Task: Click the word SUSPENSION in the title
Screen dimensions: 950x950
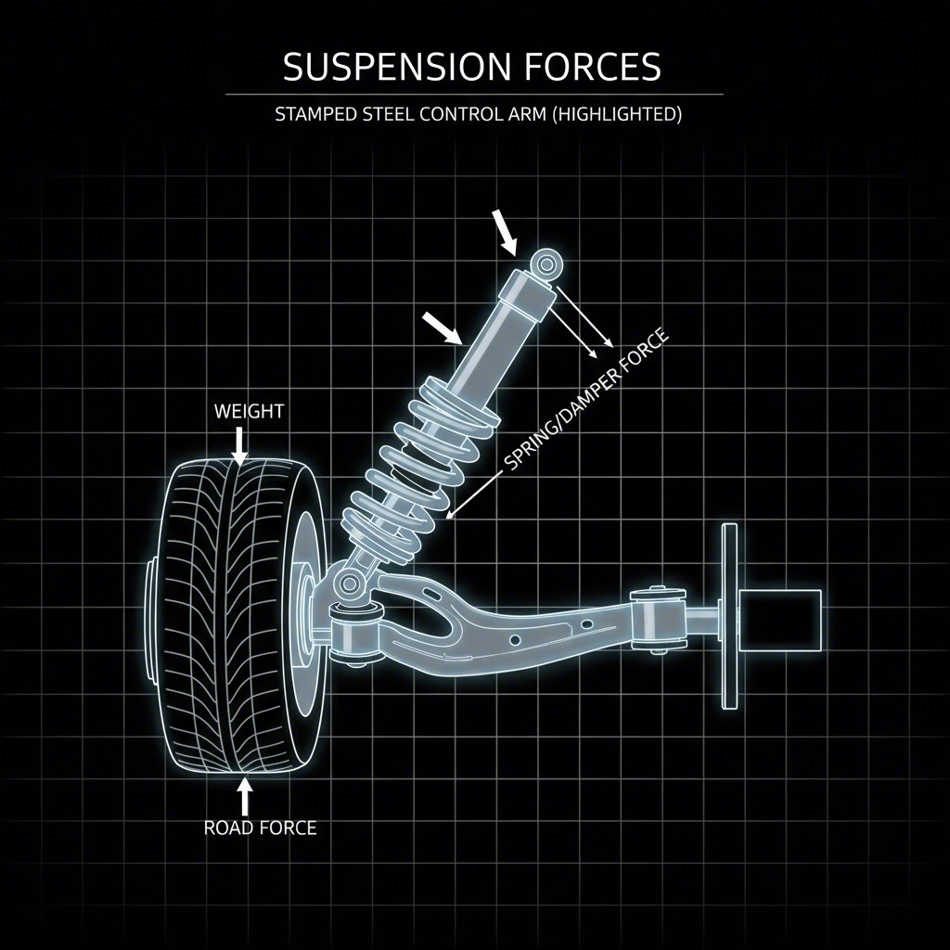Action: tap(395, 68)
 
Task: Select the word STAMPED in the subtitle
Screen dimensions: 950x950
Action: tap(313, 115)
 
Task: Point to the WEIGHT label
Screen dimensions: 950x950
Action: tap(249, 411)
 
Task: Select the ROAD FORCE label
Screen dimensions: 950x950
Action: tap(260, 828)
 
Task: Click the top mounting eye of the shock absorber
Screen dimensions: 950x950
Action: tap(546, 264)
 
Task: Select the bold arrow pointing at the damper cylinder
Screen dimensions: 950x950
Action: tap(442, 327)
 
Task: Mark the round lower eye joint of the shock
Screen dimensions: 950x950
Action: tap(350, 584)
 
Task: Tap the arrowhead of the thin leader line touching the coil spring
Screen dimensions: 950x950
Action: tap(450, 513)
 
